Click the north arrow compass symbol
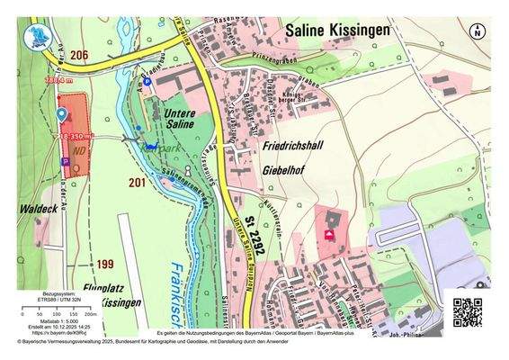pyautogui.click(x=477, y=31)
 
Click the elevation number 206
pyautogui.click(x=80, y=55)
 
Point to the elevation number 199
pyautogui.click(x=105, y=264)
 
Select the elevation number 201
pyautogui.click(x=137, y=183)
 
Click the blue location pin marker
pyautogui.click(x=61, y=114)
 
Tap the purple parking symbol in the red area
pyautogui.click(x=65, y=161)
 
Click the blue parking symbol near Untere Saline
pyautogui.click(x=162, y=82)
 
